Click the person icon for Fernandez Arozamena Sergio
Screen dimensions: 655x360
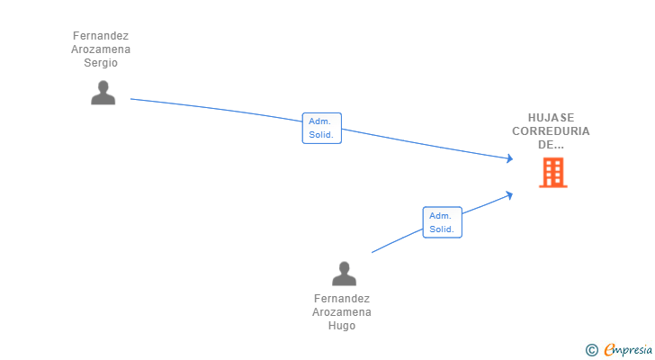(x=103, y=93)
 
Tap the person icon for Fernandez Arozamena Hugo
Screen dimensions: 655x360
(x=345, y=274)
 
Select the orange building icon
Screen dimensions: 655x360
(x=553, y=173)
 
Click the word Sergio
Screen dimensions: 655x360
(x=101, y=63)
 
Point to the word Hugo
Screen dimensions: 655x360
(x=342, y=325)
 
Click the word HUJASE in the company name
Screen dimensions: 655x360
(x=551, y=118)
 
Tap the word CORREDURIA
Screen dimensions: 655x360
(x=551, y=131)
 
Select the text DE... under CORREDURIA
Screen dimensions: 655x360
(x=551, y=145)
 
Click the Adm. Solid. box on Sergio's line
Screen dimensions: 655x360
(x=322, y=128)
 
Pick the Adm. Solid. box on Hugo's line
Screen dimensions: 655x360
(x=443, y=222)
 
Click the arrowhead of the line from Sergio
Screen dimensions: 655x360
(x=510, y=158)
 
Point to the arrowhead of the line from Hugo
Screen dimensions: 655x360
(x=509, y=195)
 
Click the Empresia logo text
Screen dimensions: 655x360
(x=628, y=349)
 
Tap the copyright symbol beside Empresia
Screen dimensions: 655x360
(x=591, y=350)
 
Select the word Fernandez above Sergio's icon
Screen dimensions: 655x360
(x=101, y=36)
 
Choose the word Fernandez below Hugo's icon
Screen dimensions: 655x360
(x=342, y=299)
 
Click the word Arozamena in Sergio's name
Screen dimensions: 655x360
(x=101, y=49)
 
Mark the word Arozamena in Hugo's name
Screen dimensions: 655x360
(x=342, y=312)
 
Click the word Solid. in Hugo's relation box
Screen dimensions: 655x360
(x=442, y=229)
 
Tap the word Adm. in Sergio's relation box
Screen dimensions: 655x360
(x=319, y=121)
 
